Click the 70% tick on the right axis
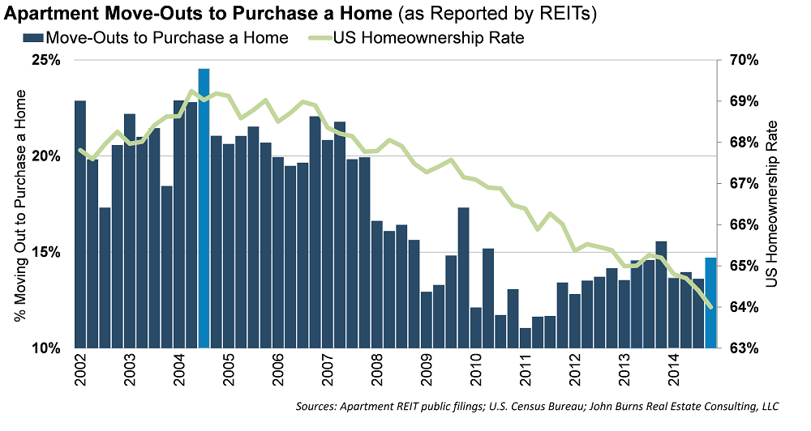[743, 61]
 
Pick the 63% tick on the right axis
[743, 348]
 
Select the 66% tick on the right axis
[743, 224]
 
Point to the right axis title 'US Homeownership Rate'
[775, 204]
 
